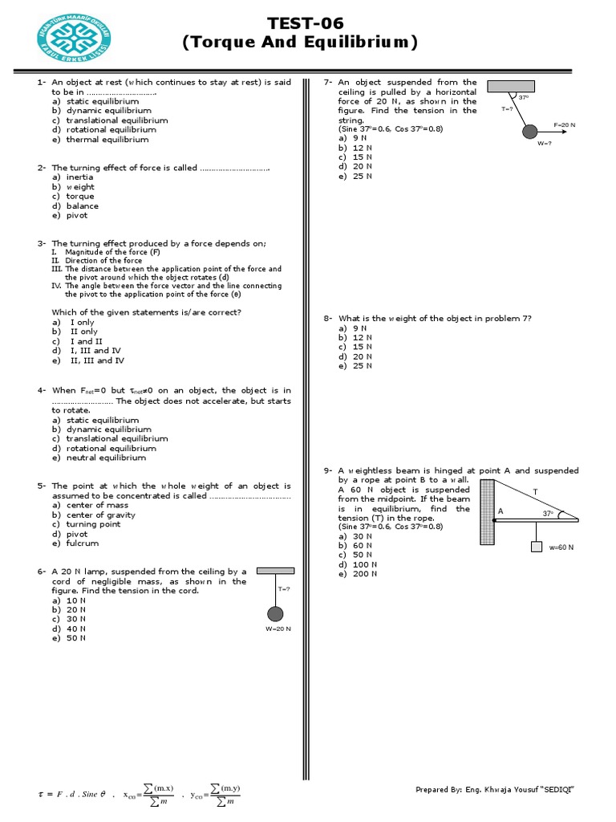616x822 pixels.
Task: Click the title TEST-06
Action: click(301, 24)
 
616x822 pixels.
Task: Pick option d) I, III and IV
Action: click(87, 351)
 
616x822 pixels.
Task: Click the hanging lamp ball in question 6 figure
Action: click(275, 614)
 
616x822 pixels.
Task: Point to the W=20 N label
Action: click(278, 629)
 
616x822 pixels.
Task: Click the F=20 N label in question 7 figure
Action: click(565, 125)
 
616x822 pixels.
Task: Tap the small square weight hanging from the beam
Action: click(536, 547)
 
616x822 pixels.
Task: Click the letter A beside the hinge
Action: click(500, 511)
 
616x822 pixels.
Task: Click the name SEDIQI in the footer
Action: click(556, 790)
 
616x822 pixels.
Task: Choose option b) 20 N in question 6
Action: click(69, 610)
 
